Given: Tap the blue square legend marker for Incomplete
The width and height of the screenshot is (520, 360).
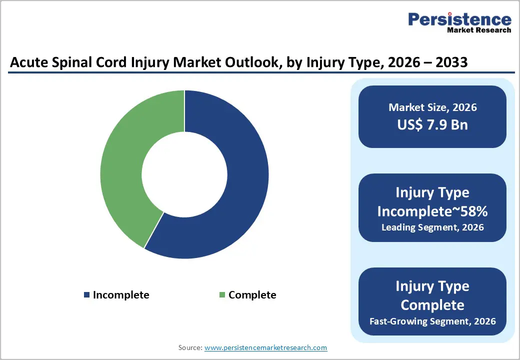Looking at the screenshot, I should (86, 295).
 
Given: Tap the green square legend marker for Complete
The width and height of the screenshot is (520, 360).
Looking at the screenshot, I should (222, 295).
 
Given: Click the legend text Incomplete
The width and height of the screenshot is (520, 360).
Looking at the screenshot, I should (121, 295).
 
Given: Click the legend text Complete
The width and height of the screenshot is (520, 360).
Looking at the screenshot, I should (252, 295).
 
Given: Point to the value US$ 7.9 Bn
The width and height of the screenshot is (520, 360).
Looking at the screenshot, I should (432, 124).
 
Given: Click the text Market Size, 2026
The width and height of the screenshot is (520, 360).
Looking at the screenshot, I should (432, 107).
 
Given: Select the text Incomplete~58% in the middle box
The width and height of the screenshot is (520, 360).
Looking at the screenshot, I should (432, 211).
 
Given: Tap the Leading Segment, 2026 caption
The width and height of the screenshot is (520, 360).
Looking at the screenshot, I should (432, 227).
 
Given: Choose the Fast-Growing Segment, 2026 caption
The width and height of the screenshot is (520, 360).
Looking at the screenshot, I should (432, 321).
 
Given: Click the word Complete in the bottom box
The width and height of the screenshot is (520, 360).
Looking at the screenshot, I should (432, 305).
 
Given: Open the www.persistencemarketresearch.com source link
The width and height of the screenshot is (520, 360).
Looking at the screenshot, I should (266, 347).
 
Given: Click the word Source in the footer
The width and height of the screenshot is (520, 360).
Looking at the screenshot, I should (189, 347).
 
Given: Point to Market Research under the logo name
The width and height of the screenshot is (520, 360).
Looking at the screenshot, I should (479, 30).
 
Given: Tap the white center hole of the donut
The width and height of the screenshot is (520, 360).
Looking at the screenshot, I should (184, 174).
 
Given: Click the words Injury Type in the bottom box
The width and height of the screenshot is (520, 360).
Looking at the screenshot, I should (432, 286).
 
